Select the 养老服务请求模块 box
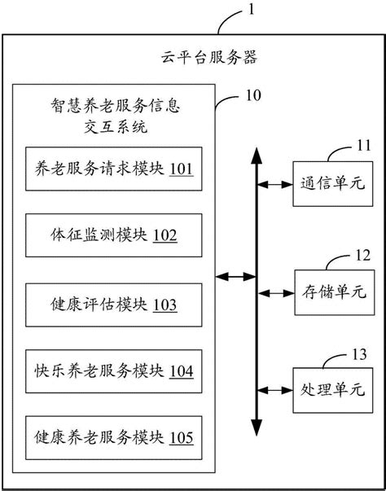click(114, 169)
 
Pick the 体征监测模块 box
click(114, 236)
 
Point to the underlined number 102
click(164, 236)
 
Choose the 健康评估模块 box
click(114, 305)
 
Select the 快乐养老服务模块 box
click(114, 371)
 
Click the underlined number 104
click(181, 371)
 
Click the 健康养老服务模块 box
click(114, 439)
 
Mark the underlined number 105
click(181, 439)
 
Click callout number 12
click(363, 255)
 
